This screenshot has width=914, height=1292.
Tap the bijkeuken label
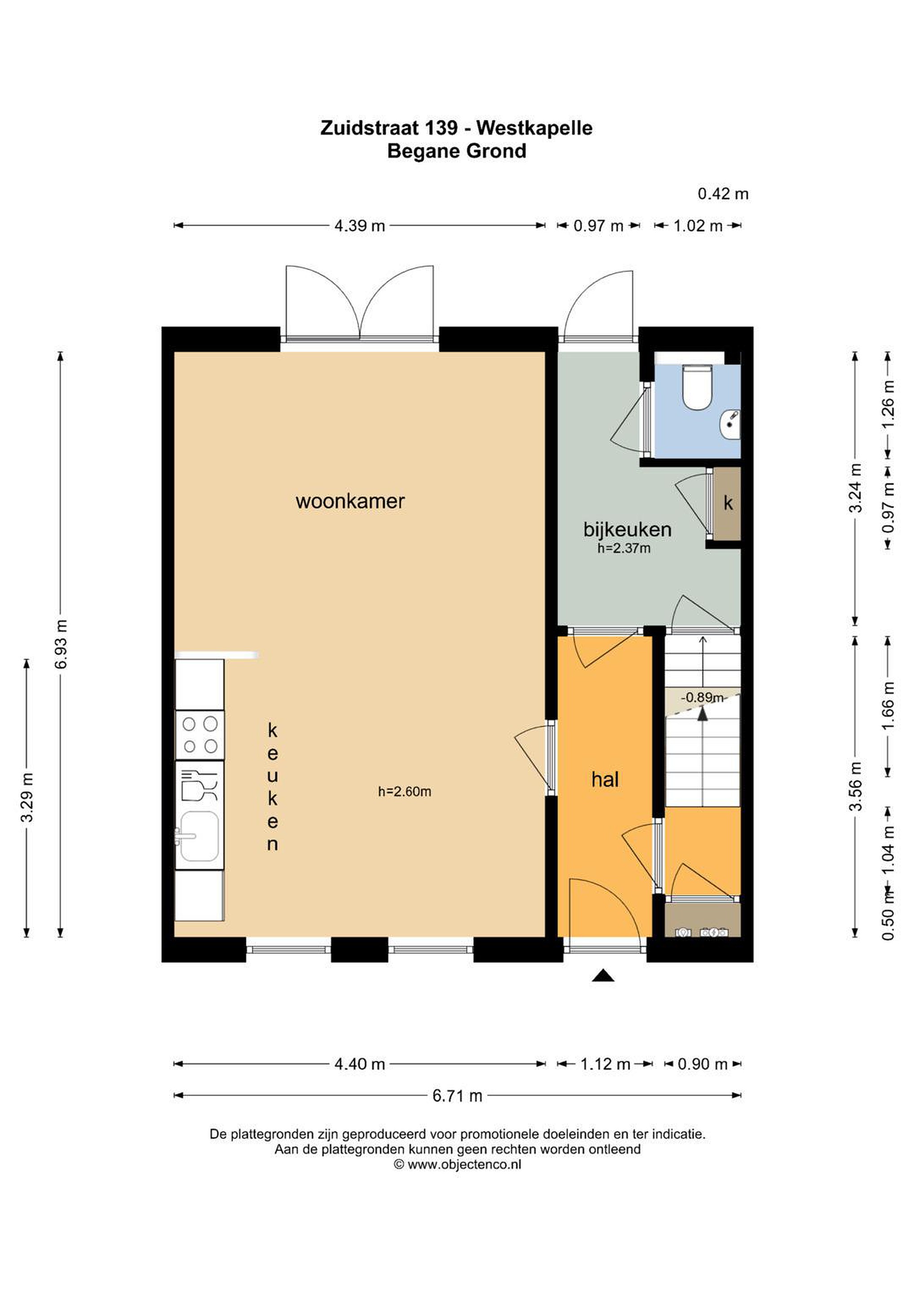[x=627, y=529]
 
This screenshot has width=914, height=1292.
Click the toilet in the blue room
[x=697, y=387]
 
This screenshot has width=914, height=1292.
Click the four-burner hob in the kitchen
[x=200, y=734]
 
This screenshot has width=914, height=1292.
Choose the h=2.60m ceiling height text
[x=404, y=792]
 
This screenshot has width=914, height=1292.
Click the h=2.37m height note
[x=624, y=548]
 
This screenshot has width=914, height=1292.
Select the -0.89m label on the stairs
[x=702, y=697]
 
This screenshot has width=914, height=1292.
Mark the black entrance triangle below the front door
[x=602, y=975]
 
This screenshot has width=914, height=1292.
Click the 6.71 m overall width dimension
[x=457, y=1095]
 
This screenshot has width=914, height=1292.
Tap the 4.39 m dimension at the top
[x=359, y=226]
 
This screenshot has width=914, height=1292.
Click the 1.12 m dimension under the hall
[x=605, y=1064]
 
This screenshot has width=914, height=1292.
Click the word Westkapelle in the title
[x=534, y=128]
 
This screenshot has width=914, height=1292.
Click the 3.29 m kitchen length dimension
[x=27, y=798]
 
